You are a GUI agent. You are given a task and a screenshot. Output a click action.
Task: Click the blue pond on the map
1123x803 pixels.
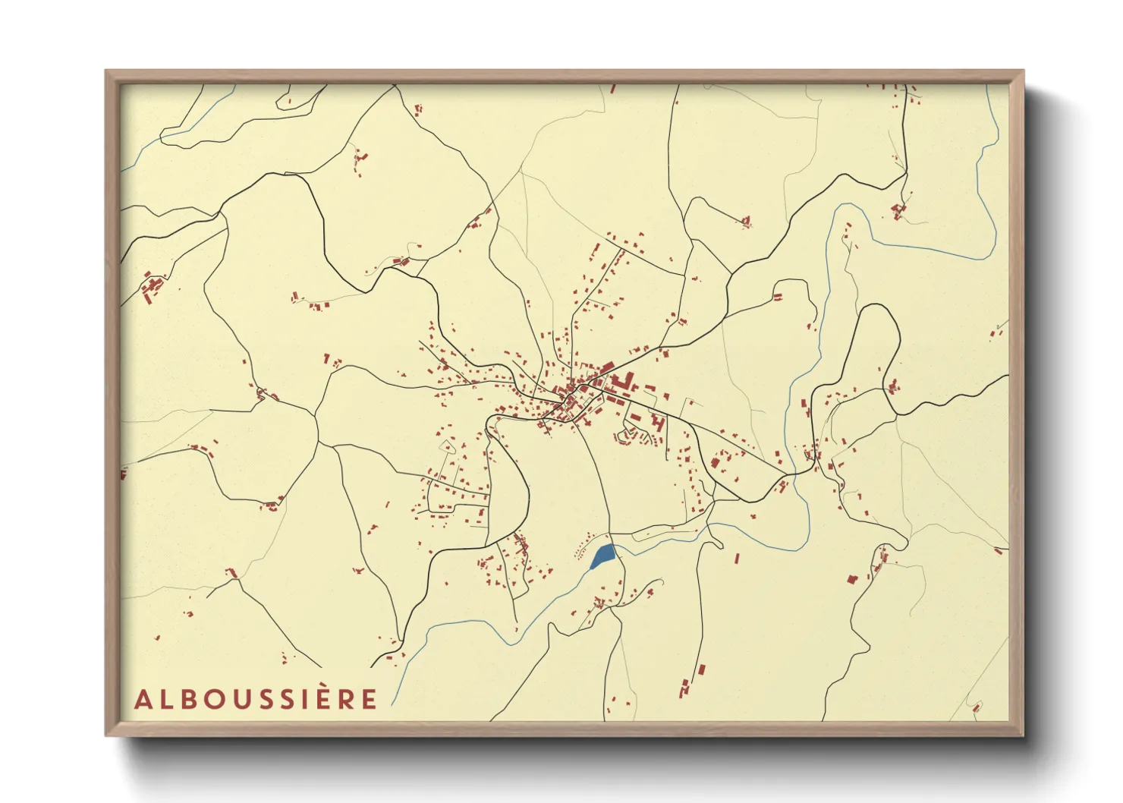pyautogui.click(x=603, y=556)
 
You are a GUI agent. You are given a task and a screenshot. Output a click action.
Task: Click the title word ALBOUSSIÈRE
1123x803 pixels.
pyautogui.click(x=256, y=699)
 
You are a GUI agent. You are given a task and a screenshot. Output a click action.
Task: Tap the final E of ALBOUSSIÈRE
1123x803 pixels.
pyautogui.click(x=369, y=700)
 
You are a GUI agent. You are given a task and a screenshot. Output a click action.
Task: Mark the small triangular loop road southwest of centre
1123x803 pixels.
pyautogui.click(x=448, y=447)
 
